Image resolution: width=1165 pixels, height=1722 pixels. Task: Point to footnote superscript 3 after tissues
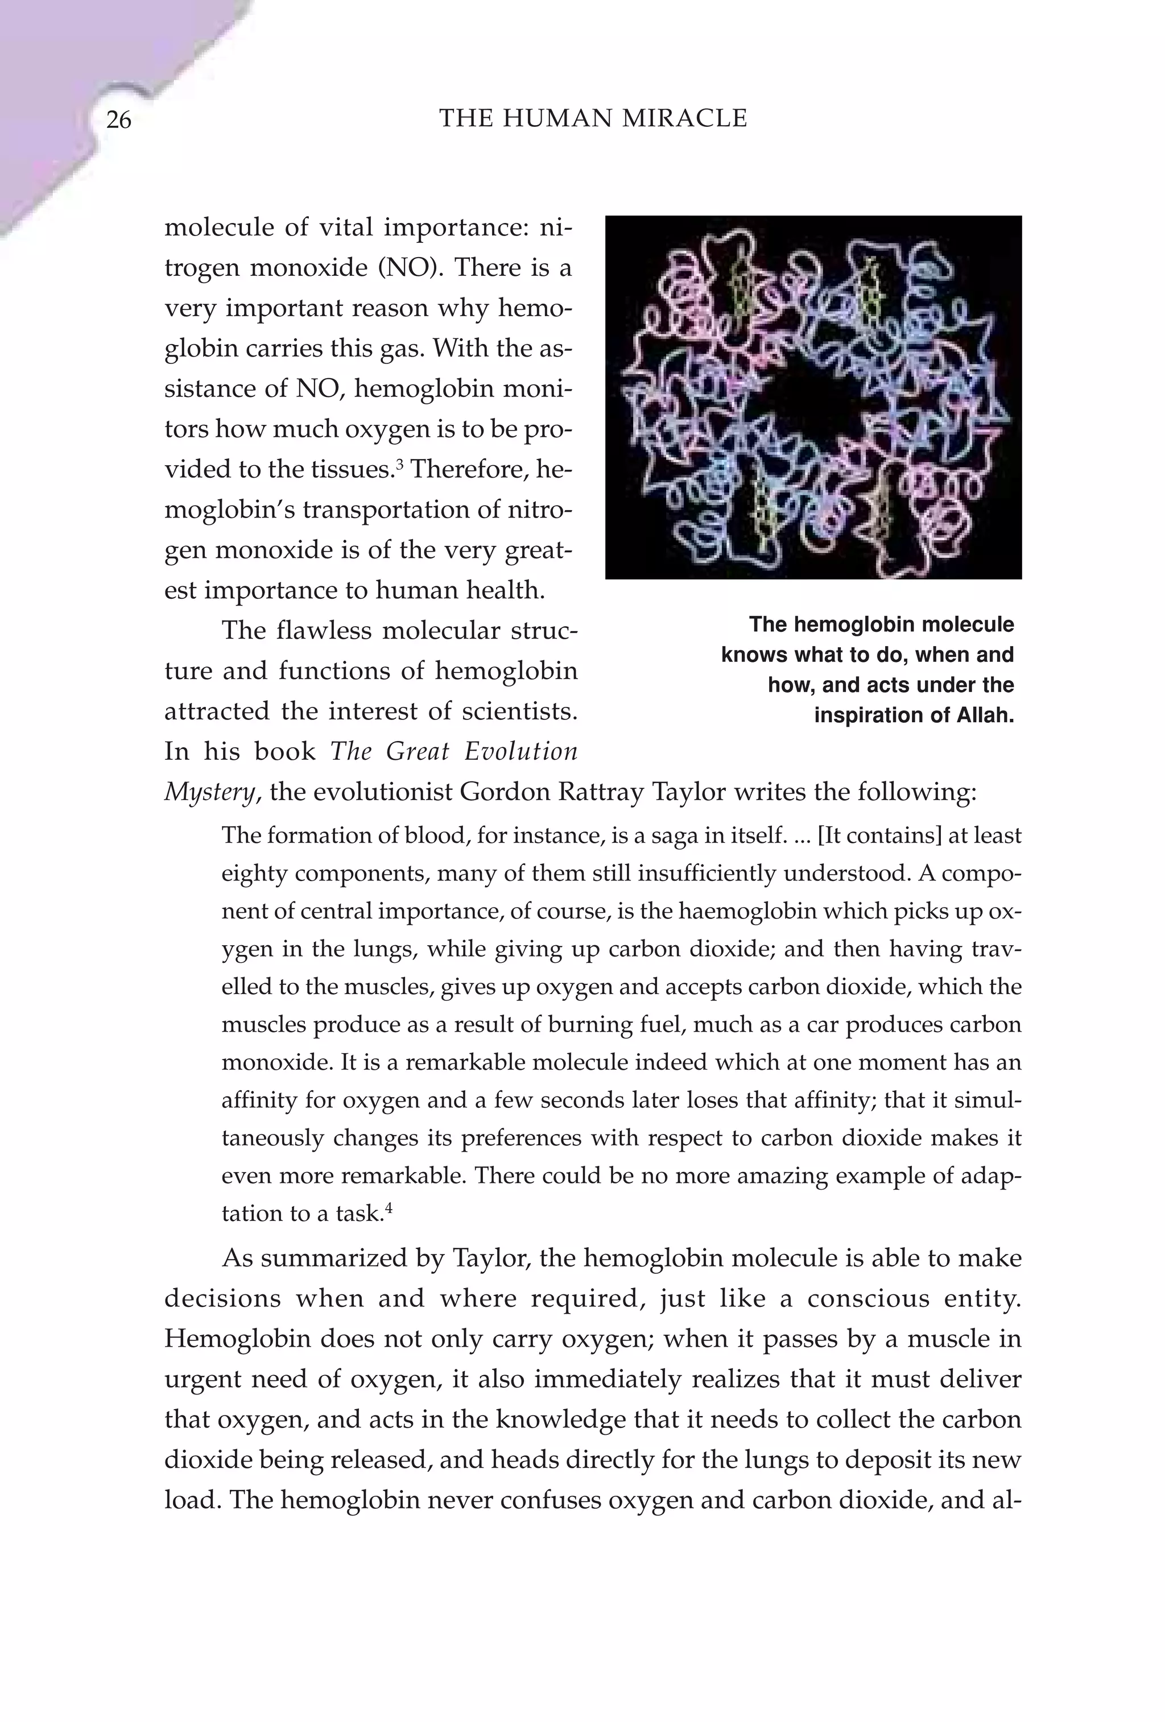(x=400, y=464)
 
